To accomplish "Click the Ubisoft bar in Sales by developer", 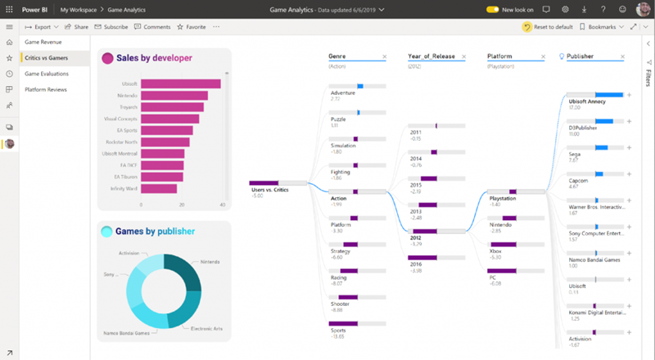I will point(180,83).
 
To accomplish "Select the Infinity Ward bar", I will point(159,188).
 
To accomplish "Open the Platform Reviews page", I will point(46,89).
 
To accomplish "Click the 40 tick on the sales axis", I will point(223,205).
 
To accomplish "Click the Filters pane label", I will point(648,78).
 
